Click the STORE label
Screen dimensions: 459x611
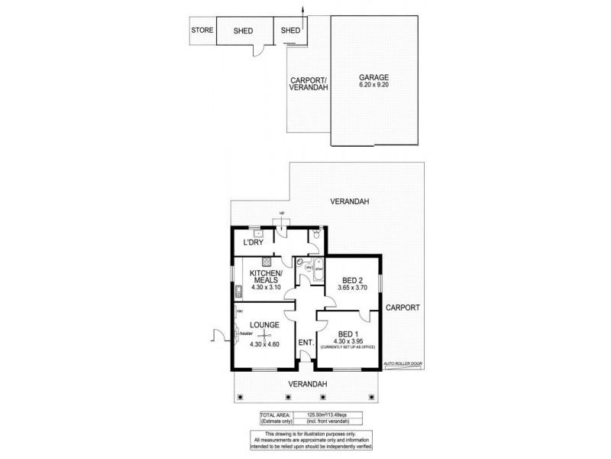click(x=201, y=31)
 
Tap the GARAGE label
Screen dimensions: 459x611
click(x=374, y=76)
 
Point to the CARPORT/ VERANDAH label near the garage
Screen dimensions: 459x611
click(x=309, y=84)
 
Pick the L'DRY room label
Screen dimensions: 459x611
click(x=254, y=243)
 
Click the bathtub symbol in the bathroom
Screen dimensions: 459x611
click(x=305, y=265)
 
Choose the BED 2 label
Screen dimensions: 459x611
click(x=353, y=280)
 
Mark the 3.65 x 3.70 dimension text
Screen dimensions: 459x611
click(x=353, y=288)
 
